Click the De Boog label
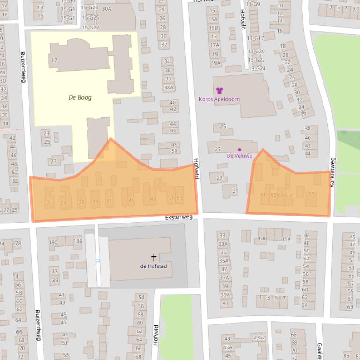(x=80, y=97)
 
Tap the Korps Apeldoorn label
(x=219, y=99)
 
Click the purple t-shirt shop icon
(x=220, y=91)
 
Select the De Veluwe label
(x=239, y=156)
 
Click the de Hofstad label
(x=154, y=266)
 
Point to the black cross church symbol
(x=154, y=258)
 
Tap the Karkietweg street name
(x=332, y=172)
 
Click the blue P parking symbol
(x=97, y=262)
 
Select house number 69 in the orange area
(x=312, y=194)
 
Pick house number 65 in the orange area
(x=281, y=195)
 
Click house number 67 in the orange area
(x=289, y=195)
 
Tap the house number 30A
(x=106, y=9)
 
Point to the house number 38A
(x=169, y=87)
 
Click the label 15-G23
(x=89, y=7)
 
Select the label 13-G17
(x=256, y=38)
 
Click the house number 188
(x=263, y=238)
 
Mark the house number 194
(x=286, y=239)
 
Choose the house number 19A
(x=215, y=63)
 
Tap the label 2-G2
(x=259, y=338)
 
